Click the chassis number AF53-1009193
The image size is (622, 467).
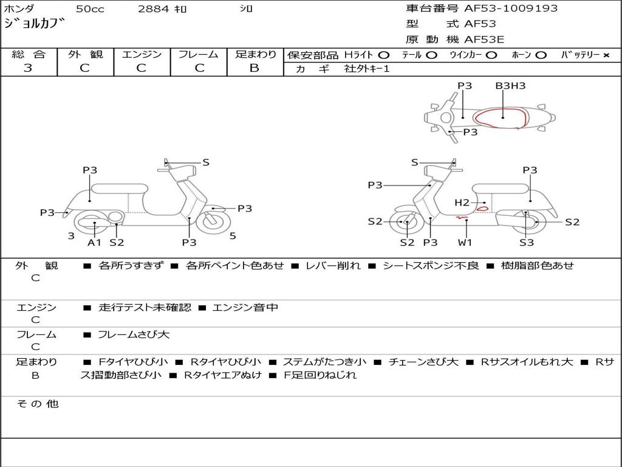(x=511, y=9)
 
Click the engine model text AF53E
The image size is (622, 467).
(x=484, y=40)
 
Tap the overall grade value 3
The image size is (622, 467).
(x=28, y=68)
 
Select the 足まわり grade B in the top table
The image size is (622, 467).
(x=255, y=68)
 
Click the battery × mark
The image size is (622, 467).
(x=606, y=55)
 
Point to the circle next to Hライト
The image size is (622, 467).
(x=384, y=55)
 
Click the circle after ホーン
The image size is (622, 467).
(x=541, y=55)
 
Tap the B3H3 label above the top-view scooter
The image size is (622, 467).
(x=510, y=86)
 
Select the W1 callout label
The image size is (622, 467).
(x=465, y=242)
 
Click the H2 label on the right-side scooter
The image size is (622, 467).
(x=462, y=203)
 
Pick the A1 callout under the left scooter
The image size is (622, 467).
(x=94, y=242)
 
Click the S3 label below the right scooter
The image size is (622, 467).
(x=527, y=242)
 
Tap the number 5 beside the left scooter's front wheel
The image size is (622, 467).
(x=233, y=236)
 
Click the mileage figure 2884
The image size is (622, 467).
(x=154, y=9)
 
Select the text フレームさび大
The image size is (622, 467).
(x=134, y=335)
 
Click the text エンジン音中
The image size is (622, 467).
(x=245, y=308)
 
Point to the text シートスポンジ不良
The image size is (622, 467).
(x=431, y=265)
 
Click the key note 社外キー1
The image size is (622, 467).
(x=367, y=69)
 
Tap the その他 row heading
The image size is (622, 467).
(x=38, y=404)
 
